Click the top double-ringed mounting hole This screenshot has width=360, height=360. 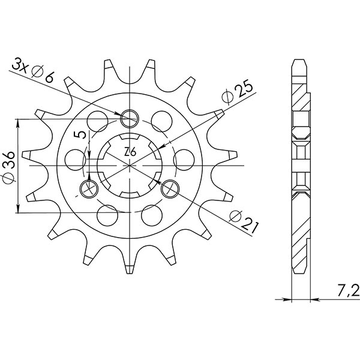[130, 118]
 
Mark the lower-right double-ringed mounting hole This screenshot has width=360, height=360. [170, 188]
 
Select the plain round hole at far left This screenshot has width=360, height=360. [74, 158]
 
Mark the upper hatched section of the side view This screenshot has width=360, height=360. [299, 96]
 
